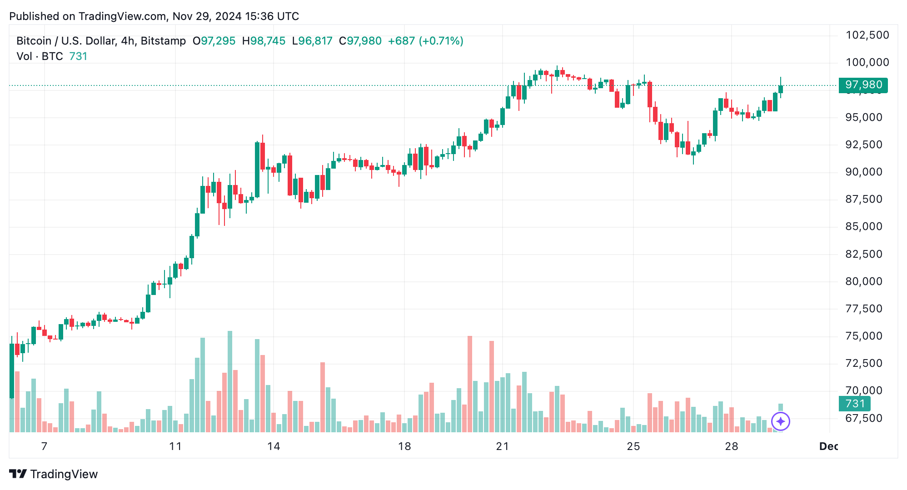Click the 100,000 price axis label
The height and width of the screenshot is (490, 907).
[x=867, y=62]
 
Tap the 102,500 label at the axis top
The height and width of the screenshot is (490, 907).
[x=867, y=35]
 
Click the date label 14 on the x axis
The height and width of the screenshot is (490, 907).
[x=274, y=446]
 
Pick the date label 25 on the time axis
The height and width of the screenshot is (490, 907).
[x=633, y=446]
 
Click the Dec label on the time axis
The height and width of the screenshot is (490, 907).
[x=828, y=446]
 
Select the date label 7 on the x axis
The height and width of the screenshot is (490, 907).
[x=44, y=446]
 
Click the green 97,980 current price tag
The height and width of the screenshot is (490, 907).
[x=863, y=85]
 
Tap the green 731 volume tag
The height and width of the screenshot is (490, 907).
[x=854, y=404]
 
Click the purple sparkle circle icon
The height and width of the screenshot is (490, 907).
[x=781, y=421]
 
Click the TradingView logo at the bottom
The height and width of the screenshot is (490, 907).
[x=54, y=474]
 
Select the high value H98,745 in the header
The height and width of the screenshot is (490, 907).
[x=264, y=41]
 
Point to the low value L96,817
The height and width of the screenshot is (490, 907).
[x=312, y=41]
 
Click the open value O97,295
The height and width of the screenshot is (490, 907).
[x=214, y=41]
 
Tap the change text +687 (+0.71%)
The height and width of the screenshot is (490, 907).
[x=425, y=41]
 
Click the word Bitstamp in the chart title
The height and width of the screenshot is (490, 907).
[x=163, y=41]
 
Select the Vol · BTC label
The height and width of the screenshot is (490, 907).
[x=40, y=56]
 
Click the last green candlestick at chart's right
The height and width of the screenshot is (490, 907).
[x=781, y=89]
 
